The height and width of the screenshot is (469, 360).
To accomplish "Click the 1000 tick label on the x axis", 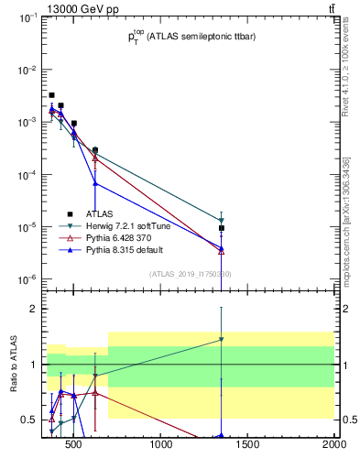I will pyautogui.click(x=161, y=446).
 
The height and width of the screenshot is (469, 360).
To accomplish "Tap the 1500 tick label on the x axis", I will pyautogui.click(x=247, y=446).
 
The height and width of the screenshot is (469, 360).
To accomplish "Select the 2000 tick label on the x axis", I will pyautogui.click(x=333, y=446).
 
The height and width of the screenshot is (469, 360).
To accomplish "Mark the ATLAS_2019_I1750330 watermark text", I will pyautogui.click(x=191, y=273).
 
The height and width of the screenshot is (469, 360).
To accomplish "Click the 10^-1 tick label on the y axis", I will pyautogui.click(x=27, y=17).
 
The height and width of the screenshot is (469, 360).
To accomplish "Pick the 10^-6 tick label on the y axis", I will pyautogui.click(x=27, y=278).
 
